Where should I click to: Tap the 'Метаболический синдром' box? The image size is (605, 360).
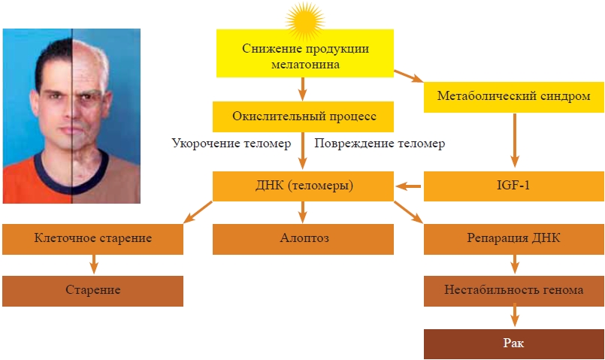[514, 96]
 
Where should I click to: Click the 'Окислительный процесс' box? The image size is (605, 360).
[304, 117]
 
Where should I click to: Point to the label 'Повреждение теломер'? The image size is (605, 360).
[379, 143]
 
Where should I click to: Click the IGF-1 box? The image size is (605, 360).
[514, 186]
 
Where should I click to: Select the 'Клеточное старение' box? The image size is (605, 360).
[93, 238]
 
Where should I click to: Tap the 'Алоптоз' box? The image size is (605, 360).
[304, 238]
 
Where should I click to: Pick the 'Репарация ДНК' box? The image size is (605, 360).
[514, 238]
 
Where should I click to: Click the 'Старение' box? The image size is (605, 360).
[93, 290]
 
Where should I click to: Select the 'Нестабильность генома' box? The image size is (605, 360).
[514, 290]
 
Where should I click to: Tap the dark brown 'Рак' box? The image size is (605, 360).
[514, 343]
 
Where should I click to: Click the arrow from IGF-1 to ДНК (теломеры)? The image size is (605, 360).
[409, 186]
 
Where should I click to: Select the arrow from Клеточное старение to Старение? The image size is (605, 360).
[94, 264]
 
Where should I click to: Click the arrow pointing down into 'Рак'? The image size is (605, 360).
[515, 316]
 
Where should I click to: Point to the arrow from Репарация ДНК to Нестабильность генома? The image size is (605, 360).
[515, 264]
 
